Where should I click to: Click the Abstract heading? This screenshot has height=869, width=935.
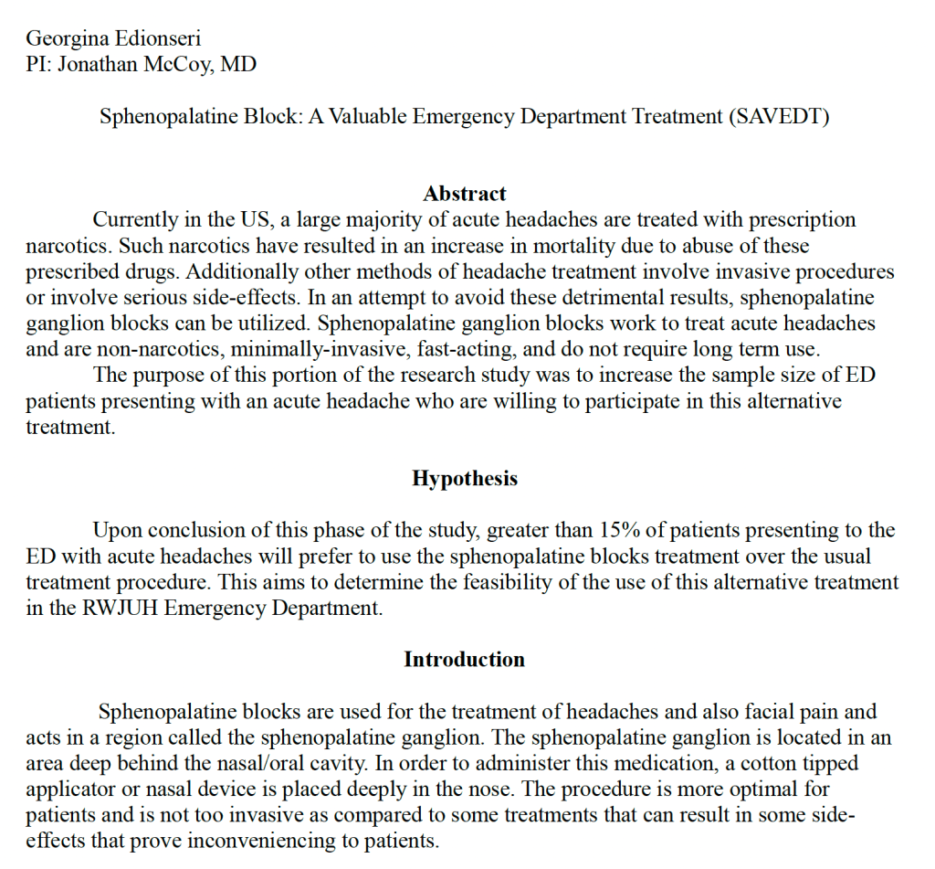point(464,194)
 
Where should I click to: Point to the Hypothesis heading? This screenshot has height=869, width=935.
point(464,479)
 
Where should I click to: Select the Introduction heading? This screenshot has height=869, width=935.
point(464,660)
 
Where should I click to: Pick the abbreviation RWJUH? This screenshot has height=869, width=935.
point(118,609)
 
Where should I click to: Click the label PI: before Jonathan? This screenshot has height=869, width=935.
point(39,65)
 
